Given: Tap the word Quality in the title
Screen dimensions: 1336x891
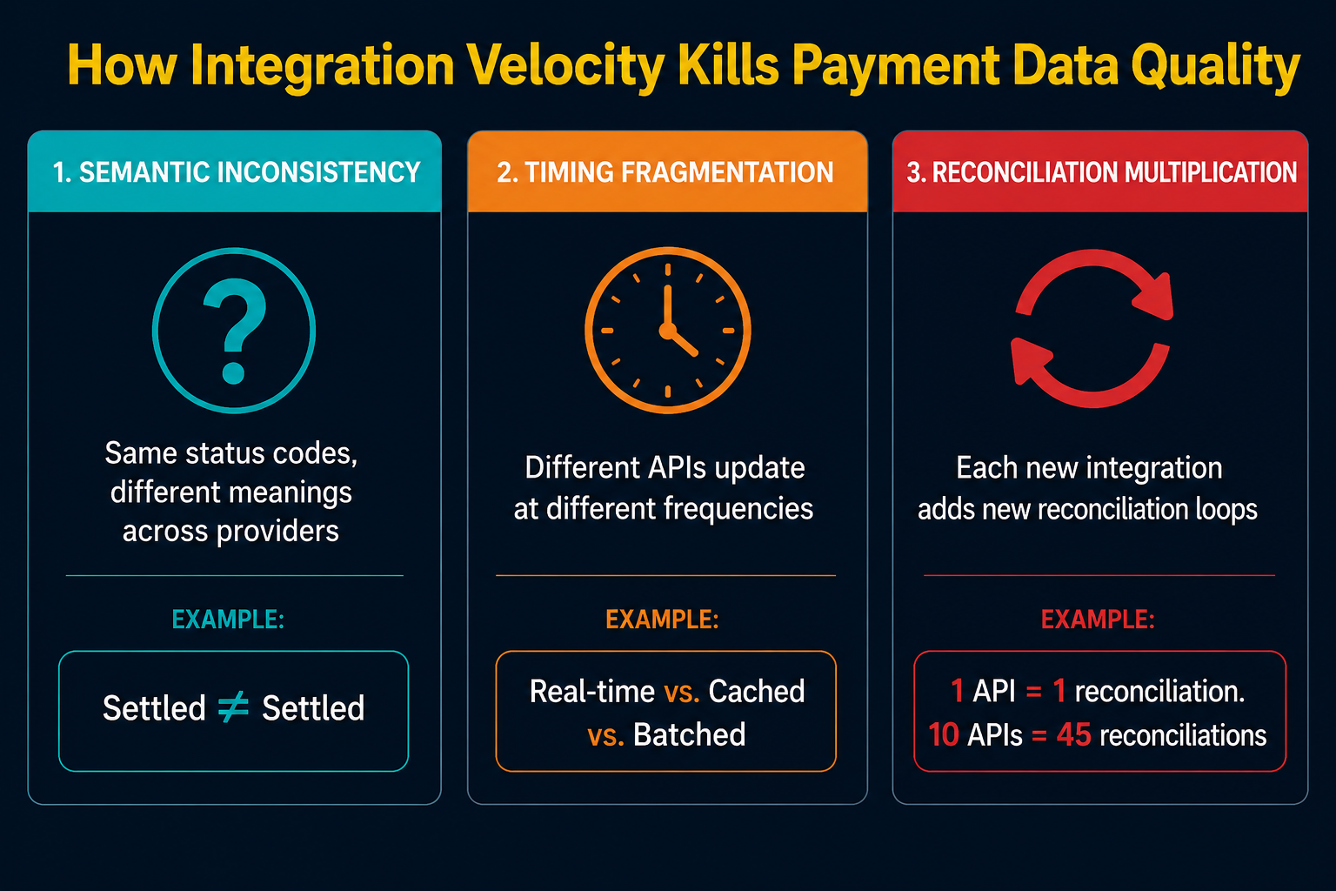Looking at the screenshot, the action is click(1215, 67).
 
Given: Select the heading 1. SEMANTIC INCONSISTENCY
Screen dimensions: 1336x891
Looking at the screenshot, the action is click(237, 172).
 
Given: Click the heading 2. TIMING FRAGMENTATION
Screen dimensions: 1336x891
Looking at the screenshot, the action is click(665, 172).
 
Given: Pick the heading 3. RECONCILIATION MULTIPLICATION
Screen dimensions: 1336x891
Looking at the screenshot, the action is click(1101, 172).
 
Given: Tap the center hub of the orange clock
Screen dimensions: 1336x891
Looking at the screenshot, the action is click(667, 331).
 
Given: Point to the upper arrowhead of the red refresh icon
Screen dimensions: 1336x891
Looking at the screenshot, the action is click(1154, 297).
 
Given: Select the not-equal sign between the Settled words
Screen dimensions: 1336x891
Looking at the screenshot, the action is click(233, 707).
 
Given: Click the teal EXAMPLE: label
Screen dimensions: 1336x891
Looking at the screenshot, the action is click(228, 620).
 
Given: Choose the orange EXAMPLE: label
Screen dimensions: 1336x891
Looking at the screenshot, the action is click(662, 620).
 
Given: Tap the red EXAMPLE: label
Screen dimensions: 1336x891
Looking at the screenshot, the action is click(1098, 620).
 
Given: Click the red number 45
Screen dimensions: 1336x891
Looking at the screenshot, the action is click(1073, 734).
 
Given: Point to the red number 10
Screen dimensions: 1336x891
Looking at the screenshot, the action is click(944, 734).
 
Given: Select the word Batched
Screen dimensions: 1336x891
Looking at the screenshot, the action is click(689, 734).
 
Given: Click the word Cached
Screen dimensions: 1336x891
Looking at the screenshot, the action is click(756, 691).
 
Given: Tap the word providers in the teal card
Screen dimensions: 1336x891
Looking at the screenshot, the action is click(277, 531).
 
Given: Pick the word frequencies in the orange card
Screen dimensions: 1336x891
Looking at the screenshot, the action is click(738, 509).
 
